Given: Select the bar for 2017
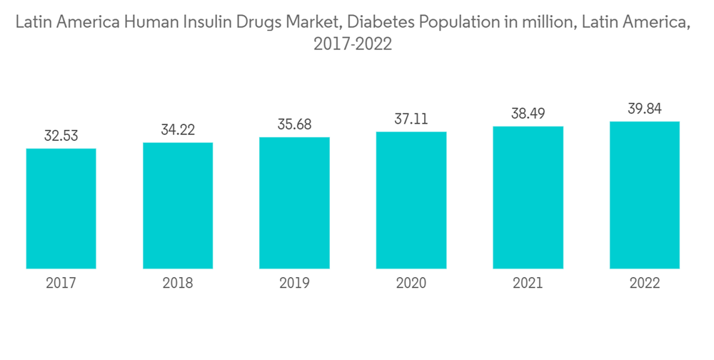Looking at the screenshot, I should [61, 209].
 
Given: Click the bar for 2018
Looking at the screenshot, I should [178, 206].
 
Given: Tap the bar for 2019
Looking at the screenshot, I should [294, 203].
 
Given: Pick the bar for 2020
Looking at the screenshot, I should [411, 200].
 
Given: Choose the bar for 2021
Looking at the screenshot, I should [528, 198].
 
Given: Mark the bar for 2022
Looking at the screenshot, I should [645, 195].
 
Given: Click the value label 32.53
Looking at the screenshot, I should [61, 136].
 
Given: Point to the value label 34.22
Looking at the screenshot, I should [178, 130].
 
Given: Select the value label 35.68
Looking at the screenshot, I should [294, 124].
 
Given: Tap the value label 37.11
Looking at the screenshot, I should [411, 119].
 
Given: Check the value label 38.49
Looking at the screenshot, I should [528, 114].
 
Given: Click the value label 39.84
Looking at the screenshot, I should [645, 109].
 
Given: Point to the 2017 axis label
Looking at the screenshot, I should [61, 284].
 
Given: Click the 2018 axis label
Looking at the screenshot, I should [178, 284].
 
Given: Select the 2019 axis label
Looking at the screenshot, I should [294, 284].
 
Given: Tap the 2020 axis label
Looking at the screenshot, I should [411, 284].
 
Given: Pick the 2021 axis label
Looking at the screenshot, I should [528, 284].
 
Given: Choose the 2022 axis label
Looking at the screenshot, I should [645, 284].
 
